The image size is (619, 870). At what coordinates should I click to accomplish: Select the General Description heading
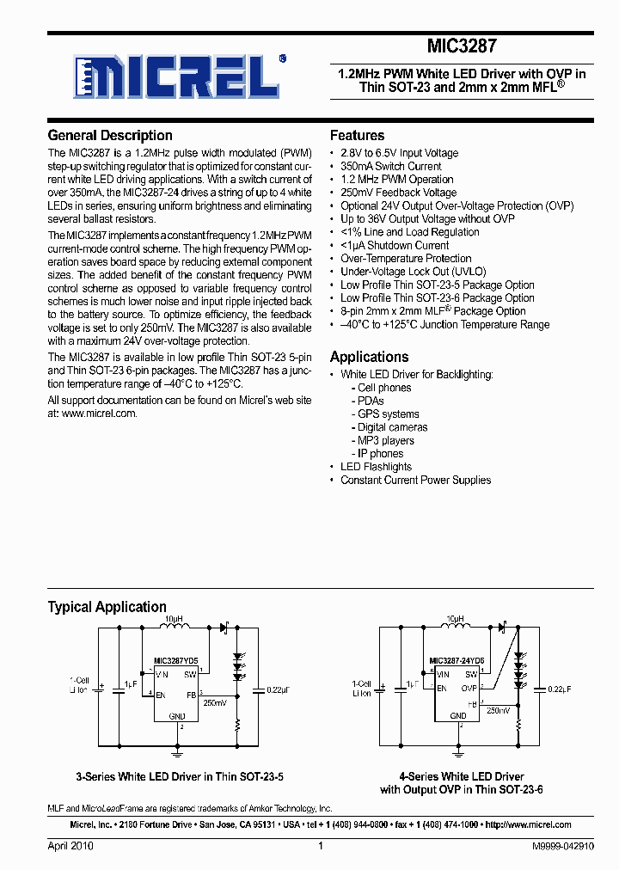[110, 135]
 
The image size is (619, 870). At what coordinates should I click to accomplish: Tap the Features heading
[357, 135]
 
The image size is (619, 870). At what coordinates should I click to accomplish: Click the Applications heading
[369, 356]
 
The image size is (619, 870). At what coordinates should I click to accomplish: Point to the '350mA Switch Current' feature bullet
[390, 166]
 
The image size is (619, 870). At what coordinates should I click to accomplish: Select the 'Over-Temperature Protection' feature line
[406, 258]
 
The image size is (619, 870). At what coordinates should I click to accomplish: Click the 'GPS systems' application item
[388, 414]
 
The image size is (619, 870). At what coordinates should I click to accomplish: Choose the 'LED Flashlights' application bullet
[376, 467]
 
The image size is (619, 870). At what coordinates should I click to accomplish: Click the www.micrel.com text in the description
[99, 413]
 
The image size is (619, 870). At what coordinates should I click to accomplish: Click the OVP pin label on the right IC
[469, 688]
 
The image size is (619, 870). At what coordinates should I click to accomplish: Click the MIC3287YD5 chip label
[175, 661]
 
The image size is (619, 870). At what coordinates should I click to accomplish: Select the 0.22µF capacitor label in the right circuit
[558, 689]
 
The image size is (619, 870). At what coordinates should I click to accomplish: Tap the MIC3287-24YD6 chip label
[457, 661]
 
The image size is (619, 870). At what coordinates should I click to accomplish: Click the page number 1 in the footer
[320, 846]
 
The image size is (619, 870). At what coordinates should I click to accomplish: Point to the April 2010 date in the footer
[70, 846]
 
